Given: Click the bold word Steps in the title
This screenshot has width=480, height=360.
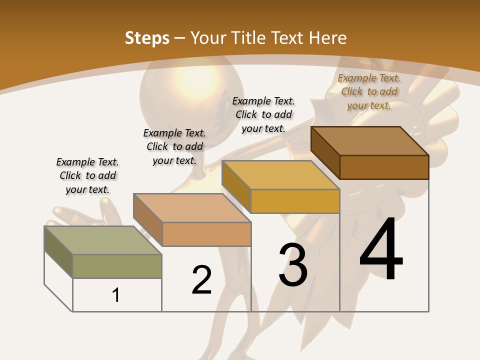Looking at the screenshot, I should (x=147, y=38).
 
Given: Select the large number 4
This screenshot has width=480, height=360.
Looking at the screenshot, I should (x=381, y=249).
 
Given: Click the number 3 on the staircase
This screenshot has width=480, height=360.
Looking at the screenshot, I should (x=293, y=265).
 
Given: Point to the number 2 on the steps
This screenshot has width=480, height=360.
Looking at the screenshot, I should (x=202, y=280).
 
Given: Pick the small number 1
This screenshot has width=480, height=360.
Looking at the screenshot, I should (x=116, y=295).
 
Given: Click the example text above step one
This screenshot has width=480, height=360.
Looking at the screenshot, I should (x=87, y=175).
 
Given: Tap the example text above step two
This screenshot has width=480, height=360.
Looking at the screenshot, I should (x=174, y=146).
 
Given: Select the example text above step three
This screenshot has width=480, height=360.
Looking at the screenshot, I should (x=263, y=114).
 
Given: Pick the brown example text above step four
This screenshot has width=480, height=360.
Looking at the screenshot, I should (x=369, y=91).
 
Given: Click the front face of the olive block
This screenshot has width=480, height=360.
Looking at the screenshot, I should (x=117, y=266).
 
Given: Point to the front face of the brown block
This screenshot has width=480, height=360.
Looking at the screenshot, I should (x=384, y=167).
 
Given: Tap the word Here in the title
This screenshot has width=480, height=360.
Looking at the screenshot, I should (x=328, y=38).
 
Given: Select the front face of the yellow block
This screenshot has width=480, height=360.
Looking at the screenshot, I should (x=295, y=201).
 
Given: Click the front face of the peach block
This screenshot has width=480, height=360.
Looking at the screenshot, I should (x=206, y=234).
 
